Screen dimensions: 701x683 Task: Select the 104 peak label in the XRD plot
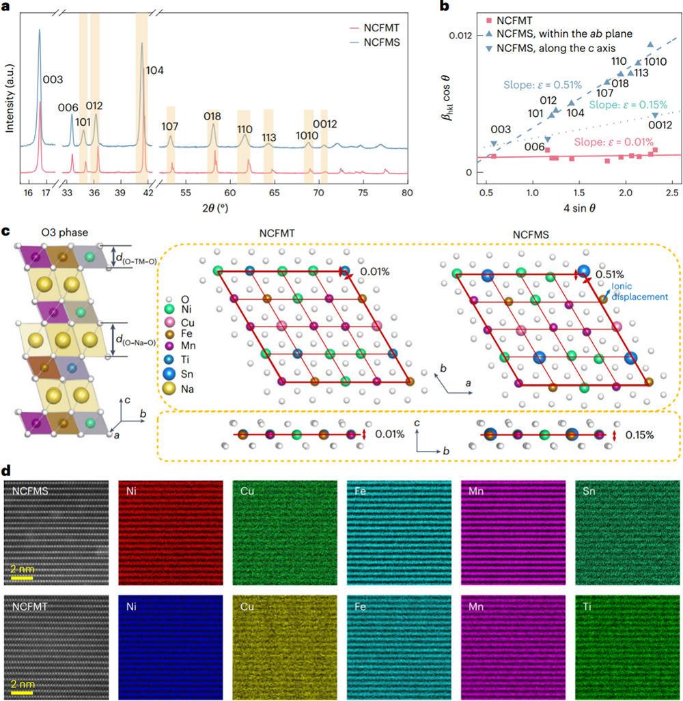coord(155,71)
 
